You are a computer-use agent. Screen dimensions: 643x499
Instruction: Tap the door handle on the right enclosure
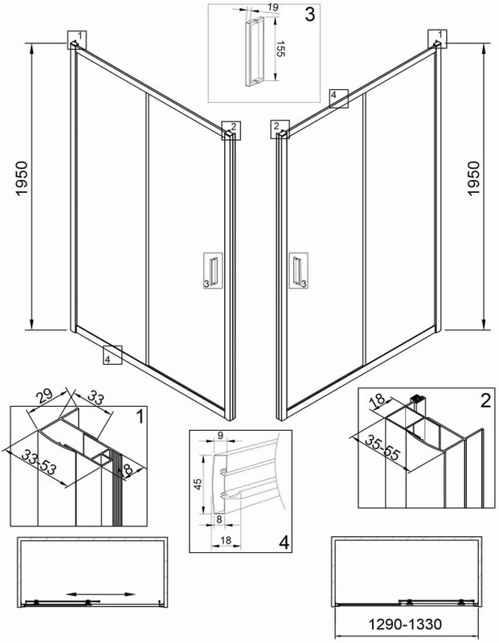pyautogui.click(x=298, y=271)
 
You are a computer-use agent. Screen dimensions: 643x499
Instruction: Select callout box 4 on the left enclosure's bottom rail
pyautogui.click(x=111, y=354)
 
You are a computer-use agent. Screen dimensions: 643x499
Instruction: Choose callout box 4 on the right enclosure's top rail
pyautogui.click(x=337, y=97)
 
